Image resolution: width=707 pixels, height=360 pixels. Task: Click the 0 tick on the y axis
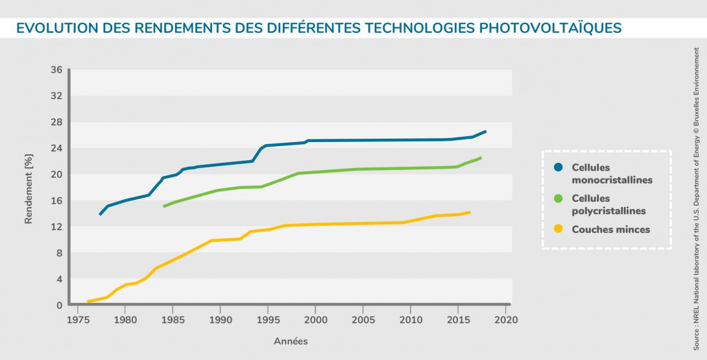pyautogui.click(x=59, y=306)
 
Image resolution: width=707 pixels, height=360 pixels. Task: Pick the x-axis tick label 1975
pyautogui.click(x=78, y=319)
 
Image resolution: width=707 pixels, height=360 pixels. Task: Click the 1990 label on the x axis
pyautogui.click(x=221, y=319)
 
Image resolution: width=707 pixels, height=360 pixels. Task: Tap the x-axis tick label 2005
pyautogui.click(x=363, y=319)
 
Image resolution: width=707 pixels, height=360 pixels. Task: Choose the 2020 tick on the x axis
pyautogui.click(x=505, y=319)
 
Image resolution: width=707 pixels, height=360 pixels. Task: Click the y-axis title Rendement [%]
pyautogui.click(x=29, y=188)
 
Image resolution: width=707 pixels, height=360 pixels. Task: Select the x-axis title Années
pyautogui.click(x=291, y=341)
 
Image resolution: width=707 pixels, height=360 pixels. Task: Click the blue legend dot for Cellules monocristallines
pyautogui.click(x=558, y=168)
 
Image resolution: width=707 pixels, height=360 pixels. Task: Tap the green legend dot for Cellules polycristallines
pyautogui.click(x=558, y=198)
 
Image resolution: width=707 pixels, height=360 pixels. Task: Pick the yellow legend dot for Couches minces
pyautogui.click(x=558, y=229)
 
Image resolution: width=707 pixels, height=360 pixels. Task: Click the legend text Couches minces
pyautogui.click(x=611, y=229)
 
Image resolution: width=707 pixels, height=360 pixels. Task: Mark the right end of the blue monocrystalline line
pyautogui.click(x=485, y=132)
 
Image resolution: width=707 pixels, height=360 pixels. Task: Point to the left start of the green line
pyautogui.click(x=164, y=206)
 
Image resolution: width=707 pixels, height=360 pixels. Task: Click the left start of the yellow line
pyautogui.click(x=88, y=302)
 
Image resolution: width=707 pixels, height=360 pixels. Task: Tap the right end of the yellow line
pyautogui.click(x=469, y=212)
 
